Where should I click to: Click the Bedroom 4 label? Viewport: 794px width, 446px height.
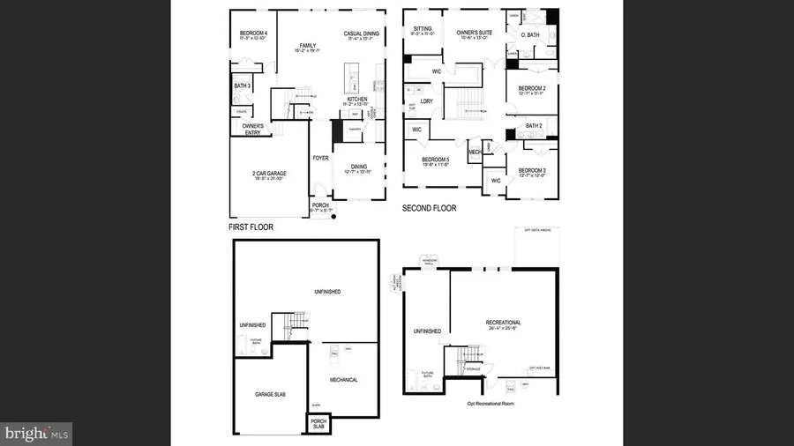[x=253, y=33]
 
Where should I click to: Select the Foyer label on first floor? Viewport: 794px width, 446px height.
[x=320, y=159]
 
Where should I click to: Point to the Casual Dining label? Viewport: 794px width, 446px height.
[x=361, y=33]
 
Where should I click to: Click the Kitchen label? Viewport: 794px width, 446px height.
[x=356, y=100]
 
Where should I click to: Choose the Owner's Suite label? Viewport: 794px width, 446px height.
[x=473, y=33]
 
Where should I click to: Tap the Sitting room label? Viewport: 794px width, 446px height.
[x=423, y=28]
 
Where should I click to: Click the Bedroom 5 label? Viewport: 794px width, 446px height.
[x=436, y=160]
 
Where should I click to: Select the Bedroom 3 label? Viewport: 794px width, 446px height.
[x=531, y=170]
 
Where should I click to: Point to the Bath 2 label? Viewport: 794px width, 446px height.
[x=533, y=126]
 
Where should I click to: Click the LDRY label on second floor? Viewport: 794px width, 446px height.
[x=427, y=100]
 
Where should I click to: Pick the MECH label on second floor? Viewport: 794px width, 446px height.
[x=475, y=152]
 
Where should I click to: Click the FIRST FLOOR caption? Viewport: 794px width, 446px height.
[x=251, y=227]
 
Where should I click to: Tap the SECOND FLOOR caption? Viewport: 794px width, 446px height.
[x=429, y=209]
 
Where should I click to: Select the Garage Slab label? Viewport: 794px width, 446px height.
[x=269, y=394]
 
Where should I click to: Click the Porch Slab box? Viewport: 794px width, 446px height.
[x=317, y=423]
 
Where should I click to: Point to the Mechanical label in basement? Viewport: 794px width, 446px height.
[x=343, y=380]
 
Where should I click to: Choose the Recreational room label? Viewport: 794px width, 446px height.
[x=503, y=323]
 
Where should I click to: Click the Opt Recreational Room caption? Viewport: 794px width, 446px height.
[x=490, y=404]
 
